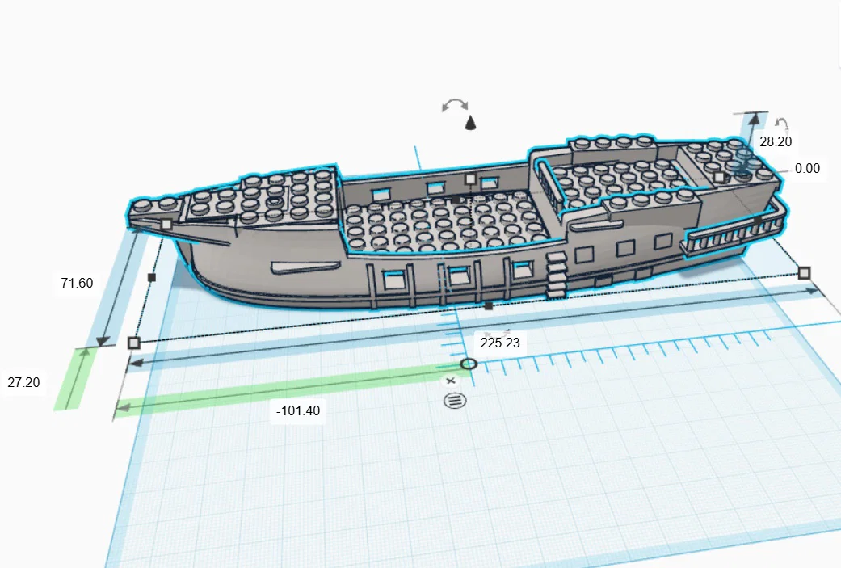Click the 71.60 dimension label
pos(78,283)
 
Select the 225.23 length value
pos(500,343)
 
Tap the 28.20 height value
pos(776,141)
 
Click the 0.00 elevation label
pos(807,168)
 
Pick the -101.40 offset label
pos(298,410)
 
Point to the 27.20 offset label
pos(23,382)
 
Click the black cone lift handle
pos(470,123)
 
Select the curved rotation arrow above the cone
pos(455,104)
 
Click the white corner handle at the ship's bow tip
pos(166,224)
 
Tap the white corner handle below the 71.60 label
pos(134,343)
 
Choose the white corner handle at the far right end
pos(804,273)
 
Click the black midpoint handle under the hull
pos(489,305)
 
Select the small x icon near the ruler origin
pos(451,381)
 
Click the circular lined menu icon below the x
pos(455,401)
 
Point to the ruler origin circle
pos(469,364)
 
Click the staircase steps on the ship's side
pos(556,276)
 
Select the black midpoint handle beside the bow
pos(151,277)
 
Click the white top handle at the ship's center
pos(470,179)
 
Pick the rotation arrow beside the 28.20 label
pos(782,125)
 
